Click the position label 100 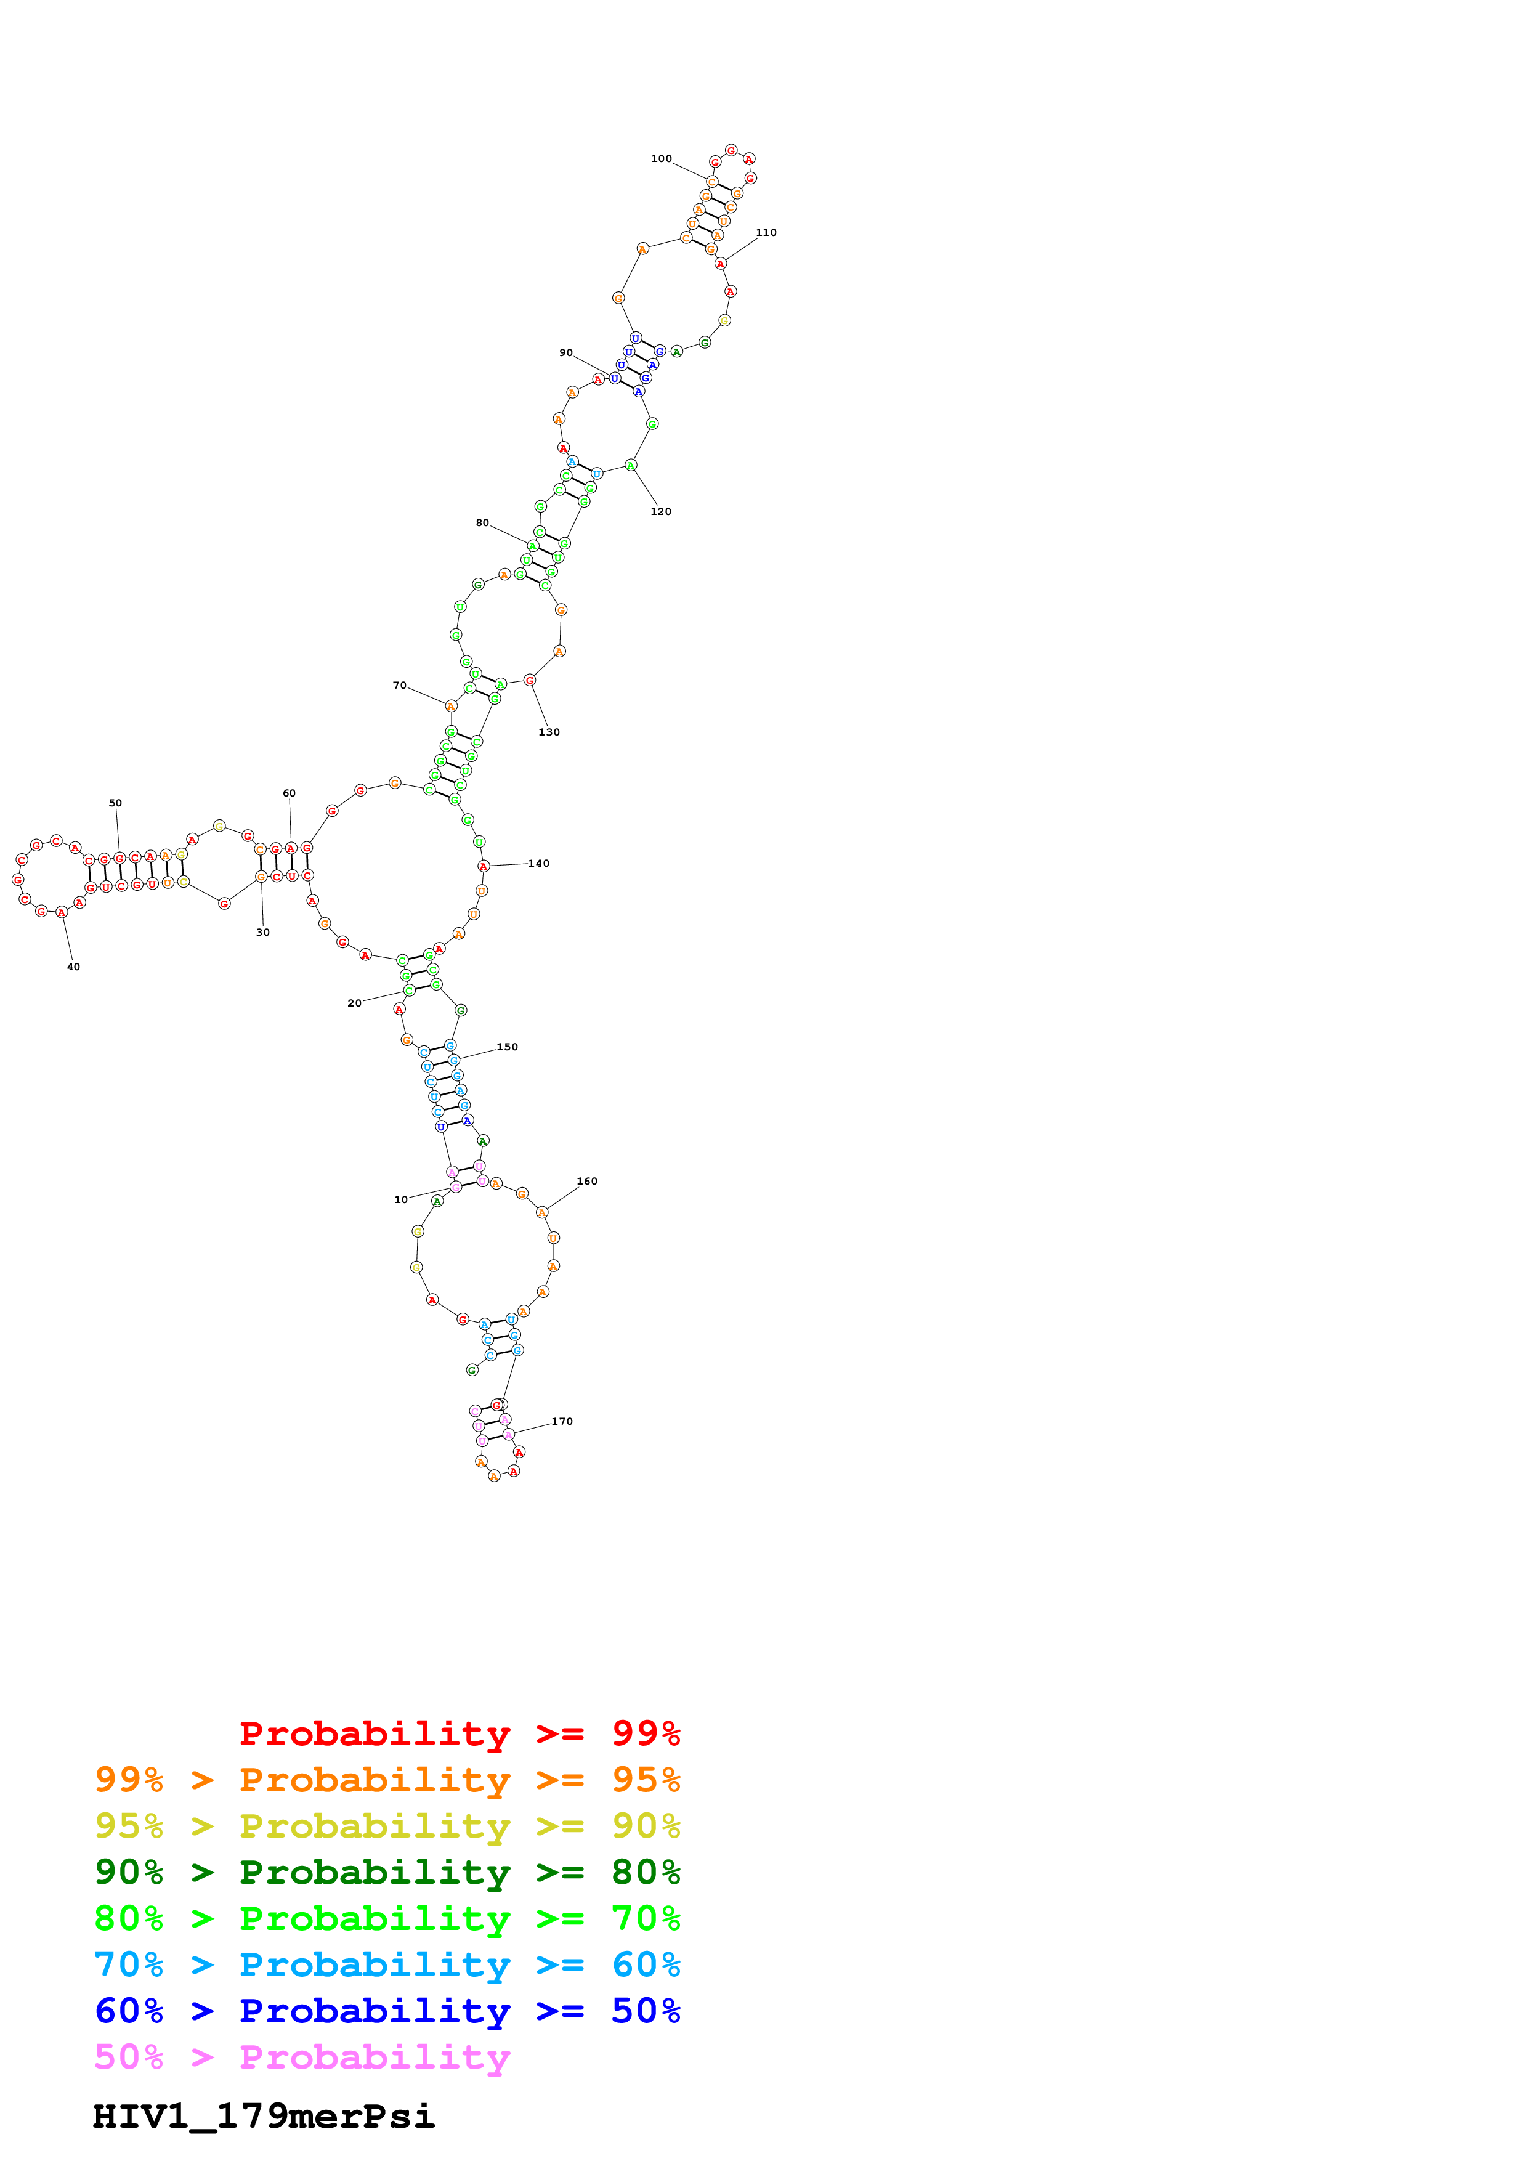click(662, 159)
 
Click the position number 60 click(289, 793)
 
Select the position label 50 click(115, 804)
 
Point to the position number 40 click(73, 968)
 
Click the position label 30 click(262, 933)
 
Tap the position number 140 click(538, 864)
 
